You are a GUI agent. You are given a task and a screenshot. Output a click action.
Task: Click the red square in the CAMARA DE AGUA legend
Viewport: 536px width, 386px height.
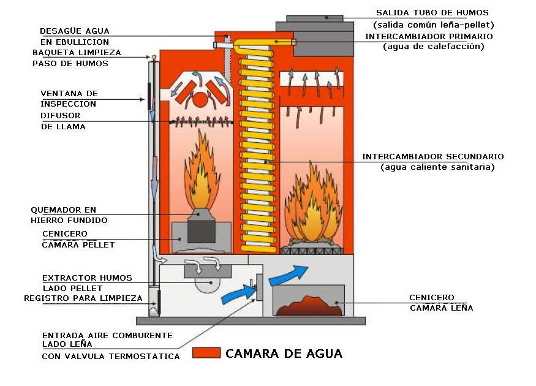point(206,353)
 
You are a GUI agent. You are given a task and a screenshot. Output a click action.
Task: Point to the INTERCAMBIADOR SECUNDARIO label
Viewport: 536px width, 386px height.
point(432,157)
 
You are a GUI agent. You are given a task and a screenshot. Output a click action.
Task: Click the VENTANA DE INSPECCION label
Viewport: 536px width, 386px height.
point(69,99)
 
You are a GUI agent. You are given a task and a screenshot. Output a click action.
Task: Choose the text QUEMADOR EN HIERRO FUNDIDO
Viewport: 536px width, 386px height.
point(69,215)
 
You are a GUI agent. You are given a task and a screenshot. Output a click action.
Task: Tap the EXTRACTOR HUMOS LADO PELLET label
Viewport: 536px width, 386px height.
point(87,283)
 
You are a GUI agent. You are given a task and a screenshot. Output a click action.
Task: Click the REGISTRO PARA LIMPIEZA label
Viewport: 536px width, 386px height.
point(83,298)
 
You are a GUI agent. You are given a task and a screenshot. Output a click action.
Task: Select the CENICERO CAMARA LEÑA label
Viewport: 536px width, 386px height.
point(440,303)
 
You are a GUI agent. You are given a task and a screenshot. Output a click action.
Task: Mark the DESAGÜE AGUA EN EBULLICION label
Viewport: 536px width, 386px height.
point(75,36)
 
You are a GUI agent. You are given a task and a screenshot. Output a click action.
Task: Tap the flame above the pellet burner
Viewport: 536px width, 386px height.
point(201,178)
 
